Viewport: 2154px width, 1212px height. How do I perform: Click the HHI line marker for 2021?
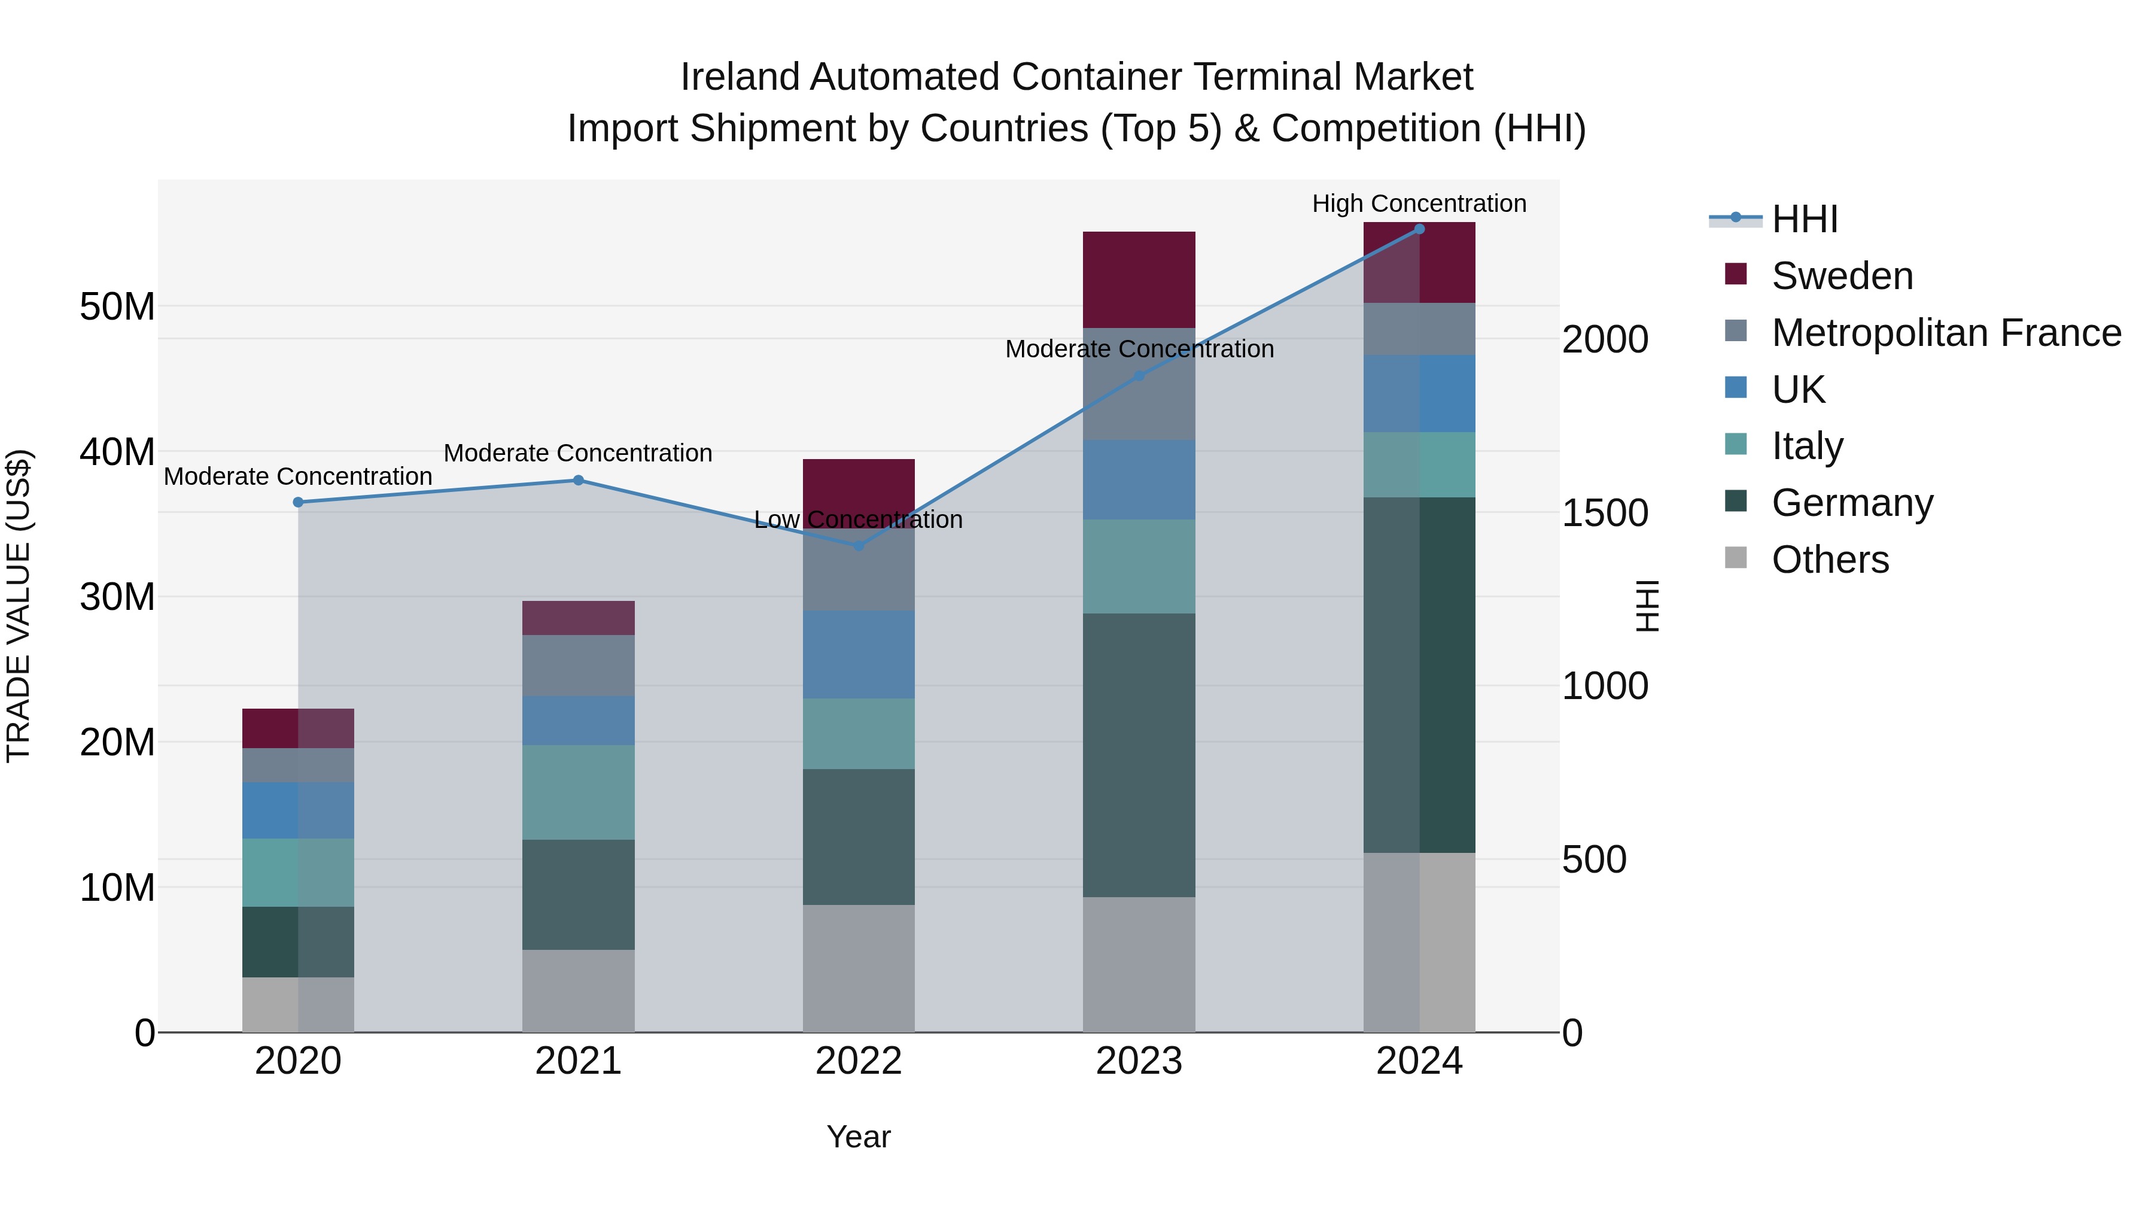tap(578, 480)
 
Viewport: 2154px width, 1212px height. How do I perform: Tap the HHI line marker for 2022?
tap(858, 545)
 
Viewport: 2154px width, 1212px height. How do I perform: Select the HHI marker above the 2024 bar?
tap(1419, 229)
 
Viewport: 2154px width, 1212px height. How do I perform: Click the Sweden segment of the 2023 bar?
tap(1139, 280)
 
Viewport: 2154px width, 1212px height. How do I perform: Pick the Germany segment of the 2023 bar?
tap(1139, 755)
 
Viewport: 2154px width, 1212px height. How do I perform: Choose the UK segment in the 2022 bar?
tap(859, 654)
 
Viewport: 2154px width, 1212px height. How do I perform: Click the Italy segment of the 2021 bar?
tap(578, 792)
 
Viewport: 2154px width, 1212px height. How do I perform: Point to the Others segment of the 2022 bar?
tap(859, 968)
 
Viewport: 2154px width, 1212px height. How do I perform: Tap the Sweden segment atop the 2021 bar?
tap(578, 617)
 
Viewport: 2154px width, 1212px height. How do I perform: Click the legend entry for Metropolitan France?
tap(1946, 333)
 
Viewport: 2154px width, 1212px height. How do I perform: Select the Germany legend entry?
tap(1852, 503)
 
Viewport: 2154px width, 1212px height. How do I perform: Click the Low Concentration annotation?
tap(858, 520)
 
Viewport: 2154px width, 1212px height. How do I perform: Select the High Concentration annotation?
tap(1419, 203)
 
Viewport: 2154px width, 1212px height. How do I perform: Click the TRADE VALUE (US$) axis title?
tap(19, 606)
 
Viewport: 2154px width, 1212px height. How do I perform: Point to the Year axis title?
tap(858, 1137)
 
